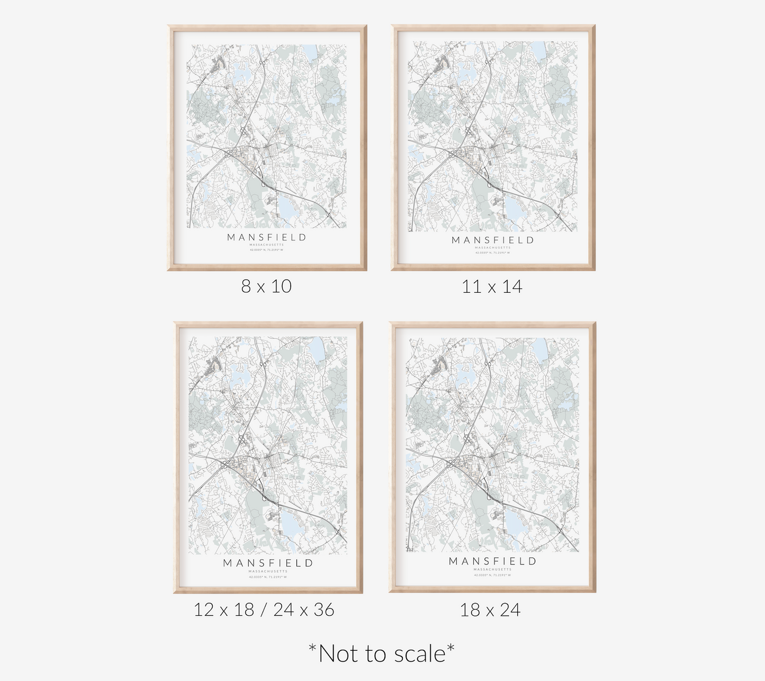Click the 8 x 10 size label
pyautogui.click(x=266, y=286)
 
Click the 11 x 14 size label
pyautogui.click(x=492, y=287)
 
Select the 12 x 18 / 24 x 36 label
pyautogui.click(x=264, y=610)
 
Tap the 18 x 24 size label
pyautogui.click(x=490, y=610)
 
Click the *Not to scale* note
pyautogui.click(x=382, y=653)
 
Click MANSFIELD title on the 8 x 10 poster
pyautogui.click(x=267, y=237)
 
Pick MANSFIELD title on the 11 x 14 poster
pyautogui.click(x=493, y=240)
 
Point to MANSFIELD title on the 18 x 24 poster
pyautogui.click(x=493, y=561)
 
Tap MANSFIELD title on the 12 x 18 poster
pyautogui.click(x=268, y=563)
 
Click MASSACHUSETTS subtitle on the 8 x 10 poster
pyautogui.click(x=267, y=245)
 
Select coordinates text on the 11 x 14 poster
pyautogui.click(x=493, y=253)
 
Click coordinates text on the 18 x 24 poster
pyautogui.click(x=493, y=575)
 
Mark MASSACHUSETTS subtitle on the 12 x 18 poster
pyautogui.click(x=268, y=571)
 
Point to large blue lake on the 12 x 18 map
pyautogui.click(x=291, y=524)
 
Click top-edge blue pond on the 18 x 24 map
pyautogui.click(x=540, y=348)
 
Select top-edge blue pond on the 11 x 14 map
pyautogui.click(x=538, y=50)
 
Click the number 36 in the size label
pyautogui.click(x=323, y=610)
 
